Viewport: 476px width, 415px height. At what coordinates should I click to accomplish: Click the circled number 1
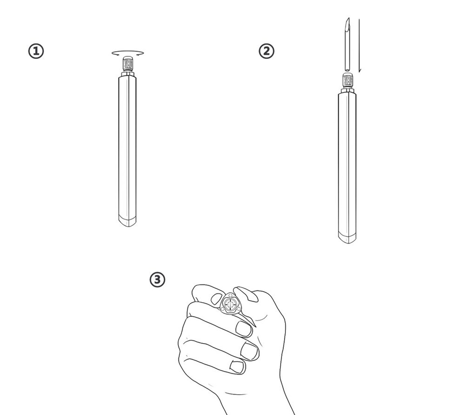coord(36,51)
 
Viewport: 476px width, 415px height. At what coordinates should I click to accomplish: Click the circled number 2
coord(266,51)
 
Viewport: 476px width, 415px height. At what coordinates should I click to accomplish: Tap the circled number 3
coord(157,279)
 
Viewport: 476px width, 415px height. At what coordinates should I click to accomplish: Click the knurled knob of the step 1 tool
coord(128,64)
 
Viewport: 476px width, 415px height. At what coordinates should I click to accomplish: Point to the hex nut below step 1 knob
coord(128,74)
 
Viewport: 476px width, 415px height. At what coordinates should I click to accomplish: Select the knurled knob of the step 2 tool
coord(347,80)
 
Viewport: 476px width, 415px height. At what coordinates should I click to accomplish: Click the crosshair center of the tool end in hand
coord(231,304)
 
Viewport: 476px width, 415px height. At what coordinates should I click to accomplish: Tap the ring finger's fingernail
coord(249,351)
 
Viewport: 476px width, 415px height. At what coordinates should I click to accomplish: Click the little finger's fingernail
coord(237,367)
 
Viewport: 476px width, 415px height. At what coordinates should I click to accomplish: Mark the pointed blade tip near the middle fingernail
coord(256,326)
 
